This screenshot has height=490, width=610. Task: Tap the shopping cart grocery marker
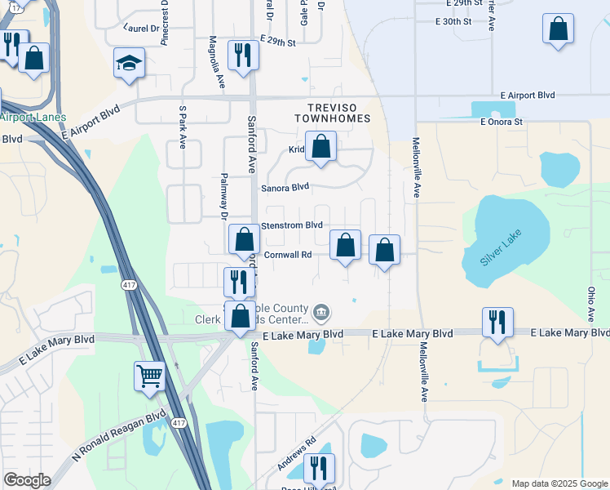[x=150, y=376]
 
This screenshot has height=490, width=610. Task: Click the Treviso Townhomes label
[x=338, y=113]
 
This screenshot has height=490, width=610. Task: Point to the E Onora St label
[x=501, y=122]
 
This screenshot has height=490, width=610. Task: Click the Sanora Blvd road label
[x=285, y=187]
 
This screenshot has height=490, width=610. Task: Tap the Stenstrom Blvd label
[x=292, y=225]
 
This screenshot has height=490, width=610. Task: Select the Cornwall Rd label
[x=286, y=254]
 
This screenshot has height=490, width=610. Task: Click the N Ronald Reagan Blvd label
[x=118, y=439]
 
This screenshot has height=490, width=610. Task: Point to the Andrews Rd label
[x=296, y=454]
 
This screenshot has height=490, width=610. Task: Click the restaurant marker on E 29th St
[x=243, y=55]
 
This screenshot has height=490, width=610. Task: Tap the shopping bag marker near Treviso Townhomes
[x=321, y=147]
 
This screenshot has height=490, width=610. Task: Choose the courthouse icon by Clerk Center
[x=322, y=311]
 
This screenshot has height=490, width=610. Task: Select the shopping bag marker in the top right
[x=558, y=29]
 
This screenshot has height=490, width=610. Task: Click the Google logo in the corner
[x=27, y=479]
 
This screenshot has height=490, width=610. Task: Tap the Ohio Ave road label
[x=590, y=303]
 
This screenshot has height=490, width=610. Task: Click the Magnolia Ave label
[x=216, y=61]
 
